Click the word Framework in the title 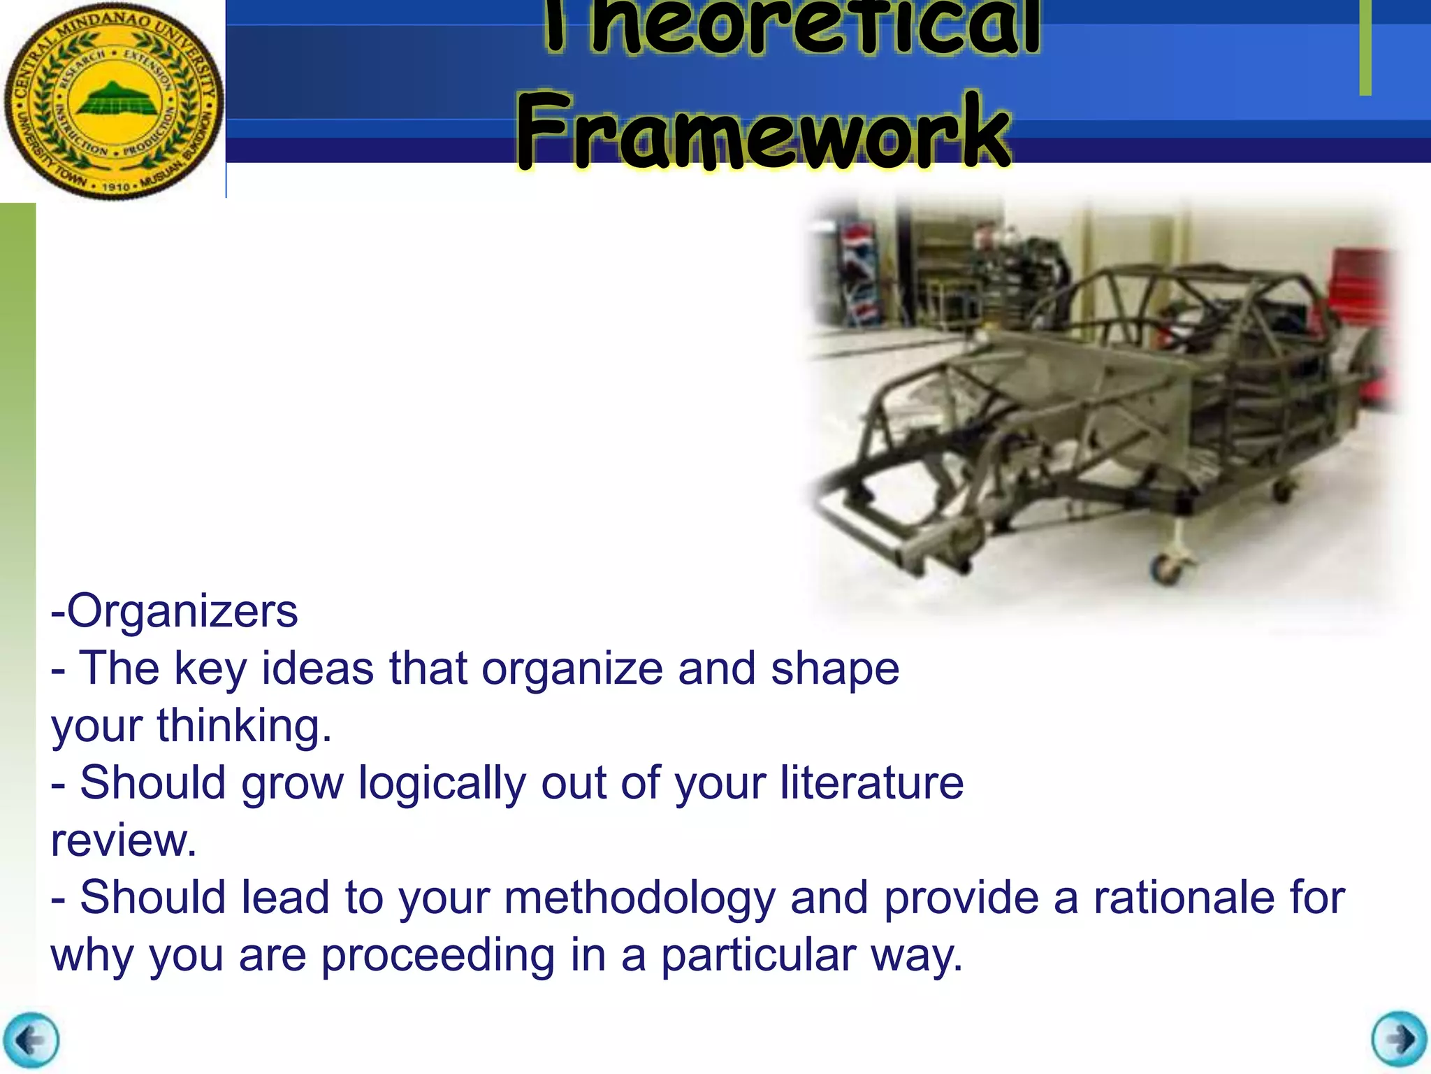[763, 131]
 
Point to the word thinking [244, 726]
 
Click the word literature [871, 782]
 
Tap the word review [123, 840]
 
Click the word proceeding [437, 955]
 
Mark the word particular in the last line [758, 955]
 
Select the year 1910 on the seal [116, 187]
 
